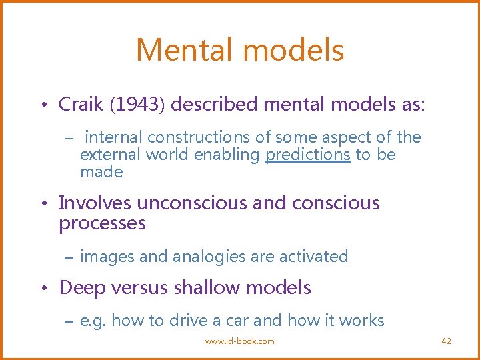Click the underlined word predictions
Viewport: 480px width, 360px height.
pos(308,155)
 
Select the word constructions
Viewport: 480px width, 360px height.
pos(199,137)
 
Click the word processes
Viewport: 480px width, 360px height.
pos(102,223)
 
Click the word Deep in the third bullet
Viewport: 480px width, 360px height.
pos(79,287)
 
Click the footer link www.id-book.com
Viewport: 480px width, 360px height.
pos(239,341)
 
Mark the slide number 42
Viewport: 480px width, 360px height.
pos(447,341)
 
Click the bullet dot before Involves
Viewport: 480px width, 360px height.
pos(43,203)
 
